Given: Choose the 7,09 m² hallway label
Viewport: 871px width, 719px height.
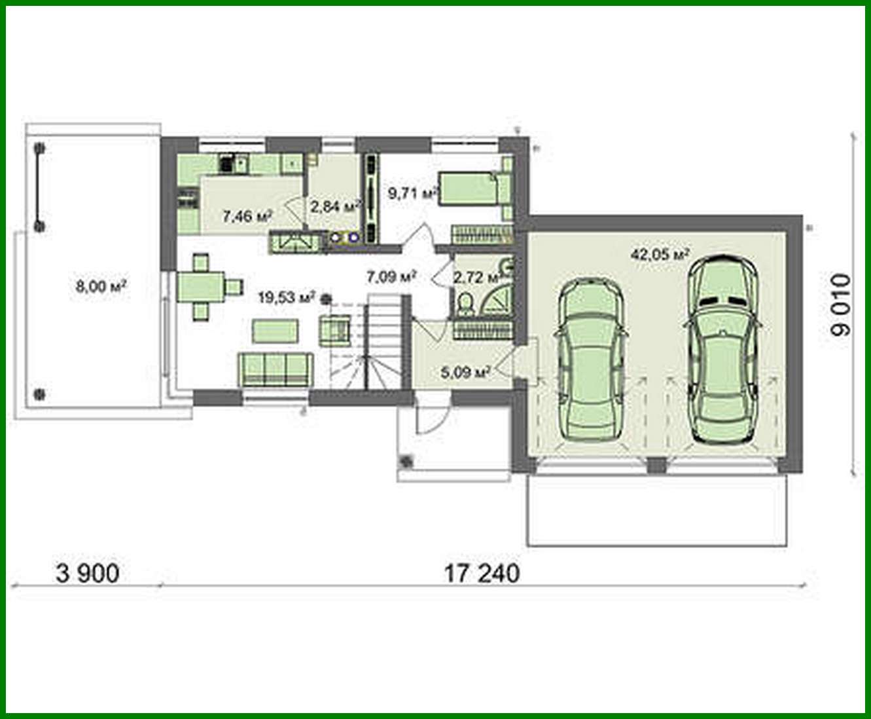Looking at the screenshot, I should [x=391, y=276].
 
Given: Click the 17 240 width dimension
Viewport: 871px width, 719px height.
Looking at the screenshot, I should [x=482, y=573].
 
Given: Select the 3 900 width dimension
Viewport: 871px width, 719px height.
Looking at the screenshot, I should [x=88, y=574].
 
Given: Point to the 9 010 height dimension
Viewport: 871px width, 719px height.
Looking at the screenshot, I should [x=841, y=304].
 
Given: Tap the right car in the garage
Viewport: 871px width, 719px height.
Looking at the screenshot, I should [x=722, y=348].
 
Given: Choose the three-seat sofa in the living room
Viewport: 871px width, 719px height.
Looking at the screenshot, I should [x=275, y=369].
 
